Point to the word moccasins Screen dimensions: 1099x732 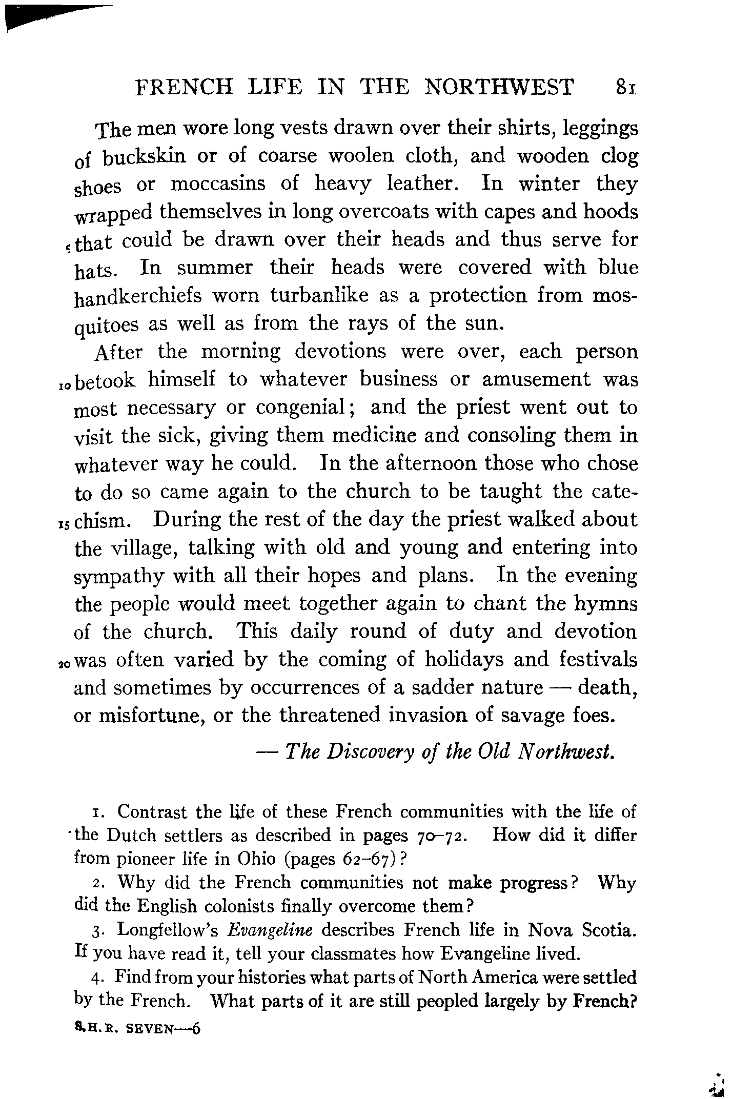pos(218,184)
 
